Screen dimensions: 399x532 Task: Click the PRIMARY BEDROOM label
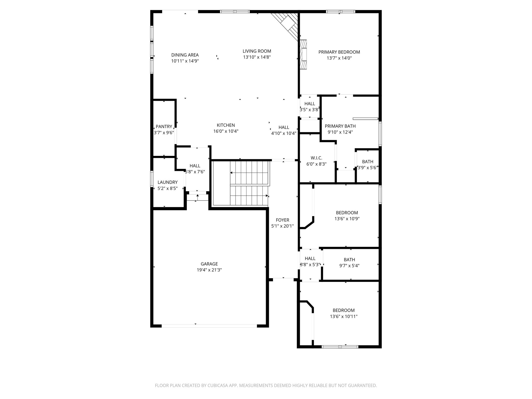point(339,52)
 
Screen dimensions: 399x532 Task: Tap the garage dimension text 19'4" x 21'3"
point(209,270)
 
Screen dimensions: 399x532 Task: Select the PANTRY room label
point(164,127)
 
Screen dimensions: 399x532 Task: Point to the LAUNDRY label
point(168,182)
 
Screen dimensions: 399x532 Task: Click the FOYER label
point(282,220)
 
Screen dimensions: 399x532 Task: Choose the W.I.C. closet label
point(316,158)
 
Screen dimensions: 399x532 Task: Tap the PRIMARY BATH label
point(340,126)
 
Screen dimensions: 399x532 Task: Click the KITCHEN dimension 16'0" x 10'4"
point(226,131)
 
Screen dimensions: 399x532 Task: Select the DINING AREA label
point(185,55)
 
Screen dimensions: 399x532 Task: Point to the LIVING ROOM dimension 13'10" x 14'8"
point(257,57)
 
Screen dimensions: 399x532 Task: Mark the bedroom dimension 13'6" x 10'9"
point(347,219)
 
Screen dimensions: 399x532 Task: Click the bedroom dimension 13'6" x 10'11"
point(344,316)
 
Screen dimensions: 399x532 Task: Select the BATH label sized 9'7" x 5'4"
point(349,260)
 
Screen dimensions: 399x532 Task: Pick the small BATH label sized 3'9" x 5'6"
point(368,162)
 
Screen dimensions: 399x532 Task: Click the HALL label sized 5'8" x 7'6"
point(195,166)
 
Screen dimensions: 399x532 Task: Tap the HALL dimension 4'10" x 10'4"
point(284,134)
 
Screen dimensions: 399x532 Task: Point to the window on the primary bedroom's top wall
point(340,11)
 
